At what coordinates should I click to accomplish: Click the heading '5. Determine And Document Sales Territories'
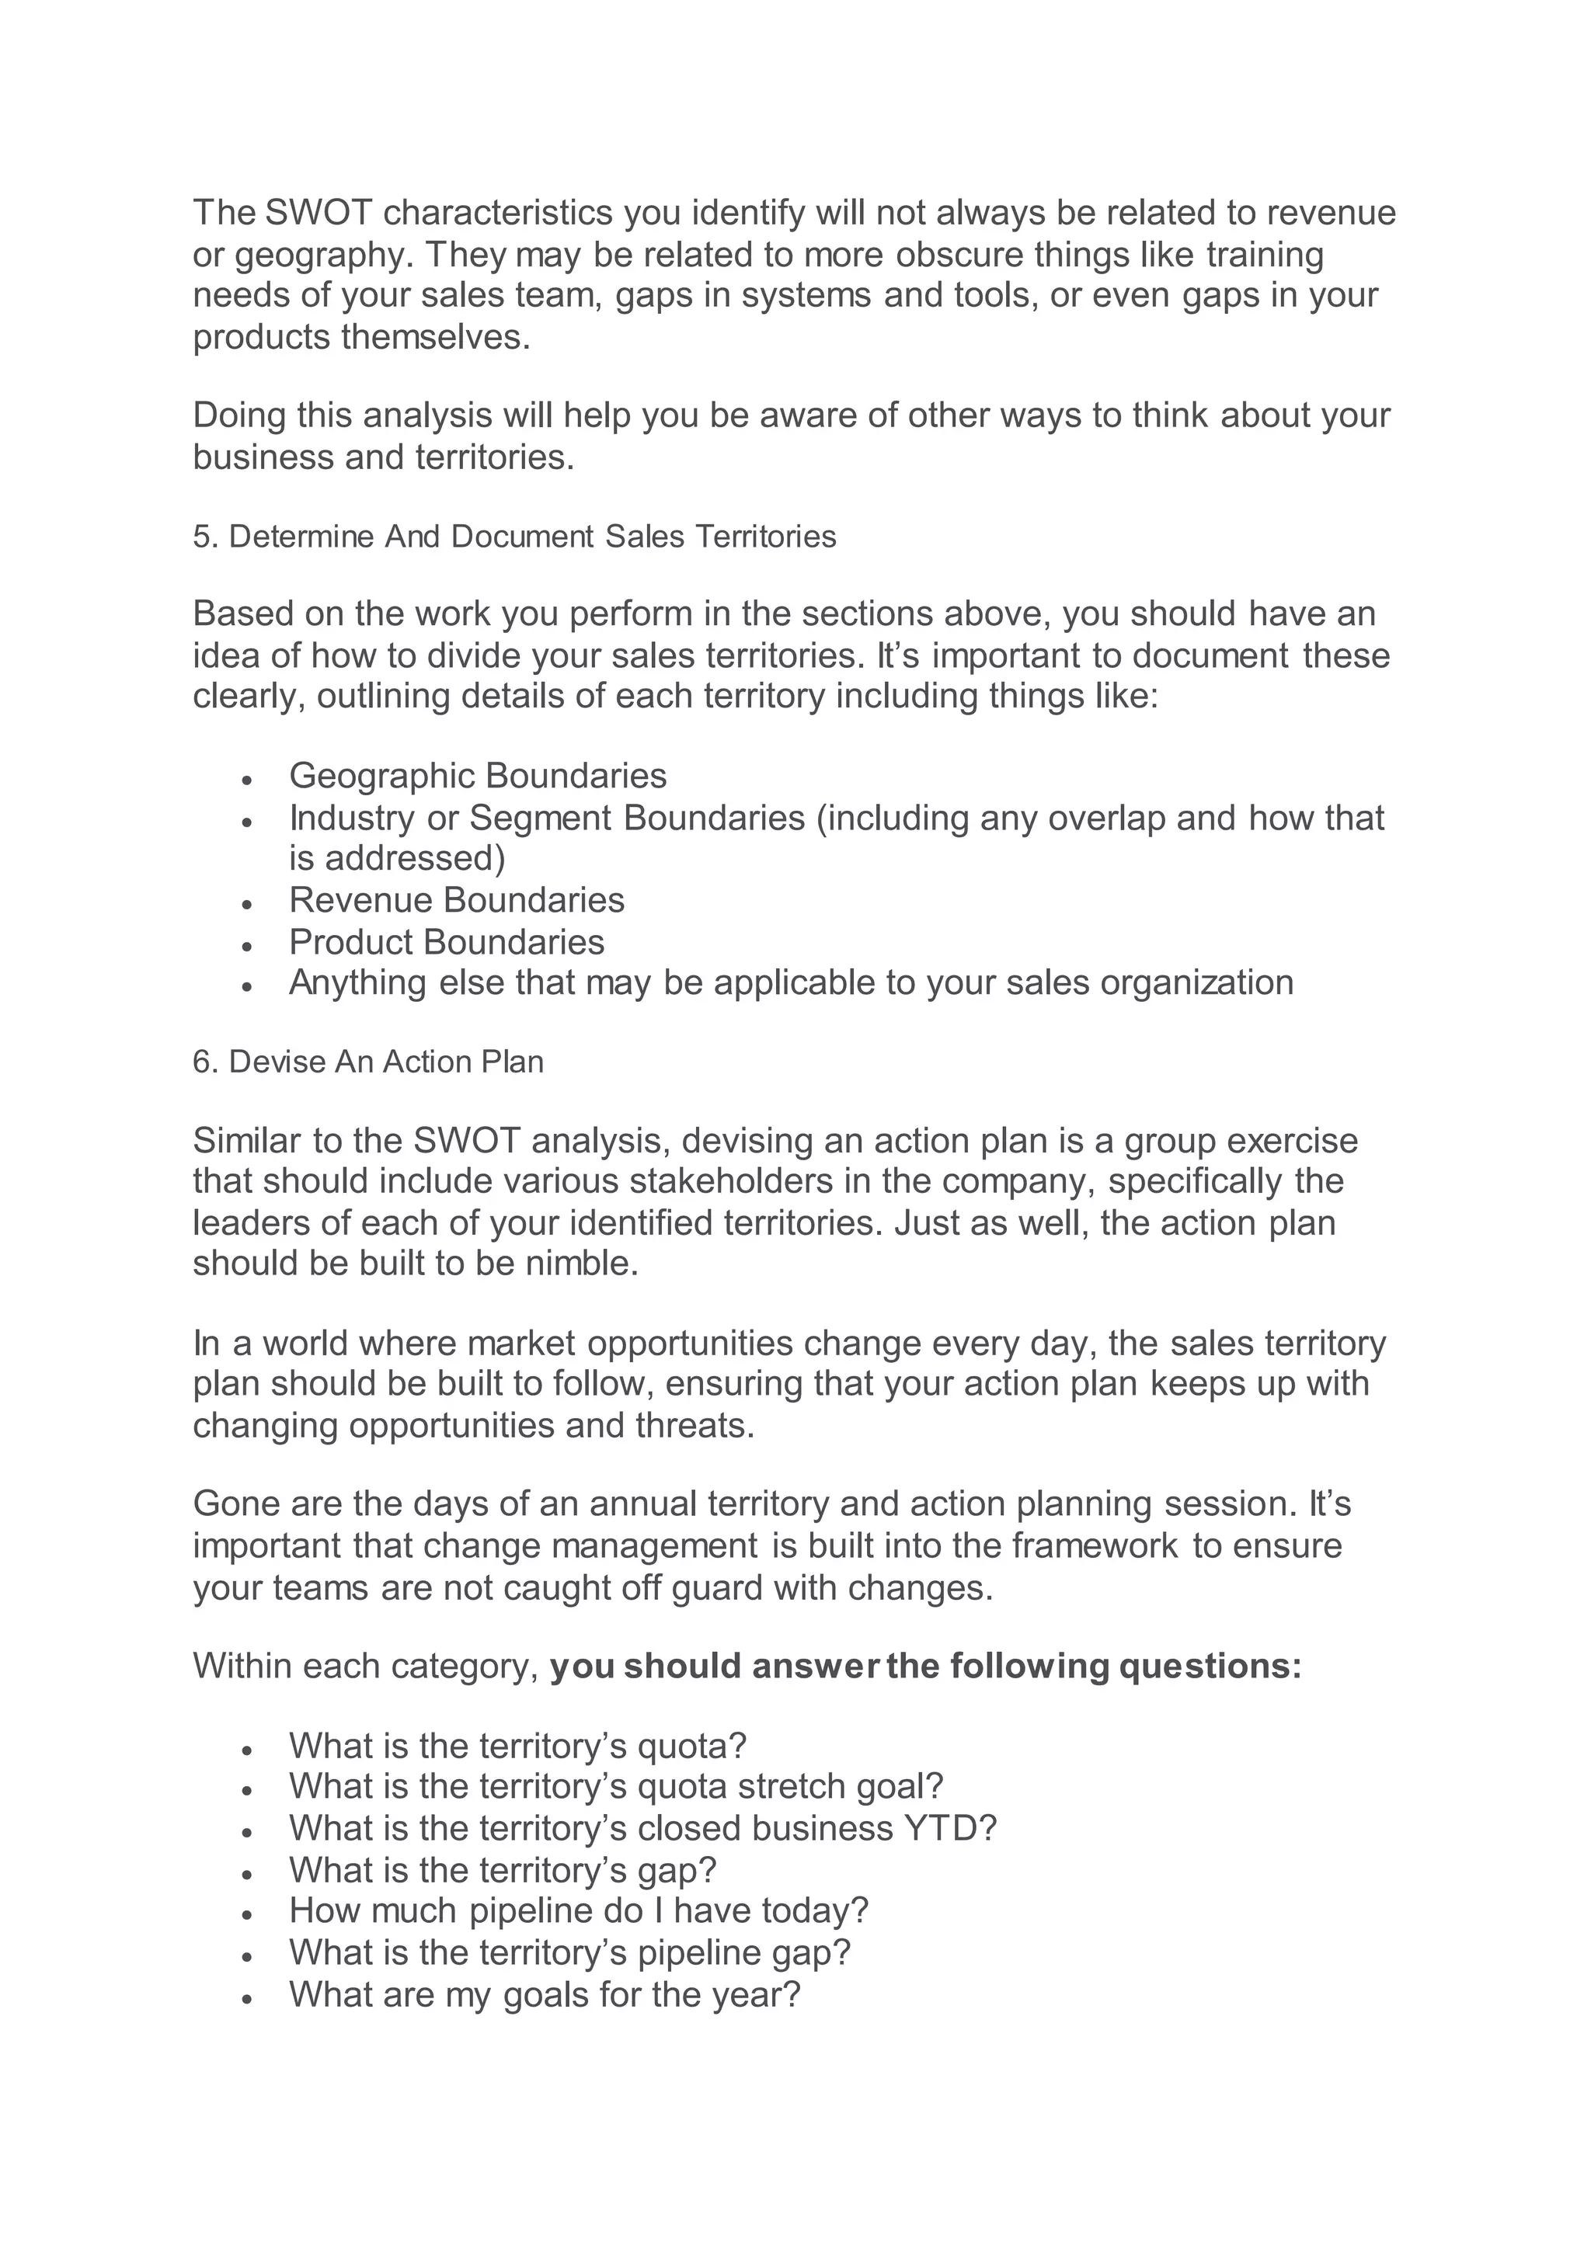coord(514,537)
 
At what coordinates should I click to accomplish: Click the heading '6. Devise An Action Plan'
coord(367,1062)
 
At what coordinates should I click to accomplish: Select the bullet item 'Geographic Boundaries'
coord(477,776)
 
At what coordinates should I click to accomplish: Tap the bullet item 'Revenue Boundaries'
coord(457,899)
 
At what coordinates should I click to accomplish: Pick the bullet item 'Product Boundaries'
coord(447,941)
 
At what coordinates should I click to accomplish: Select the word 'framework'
coord(1095,1545)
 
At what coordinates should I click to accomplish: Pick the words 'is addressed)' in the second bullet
coord(397,858)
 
